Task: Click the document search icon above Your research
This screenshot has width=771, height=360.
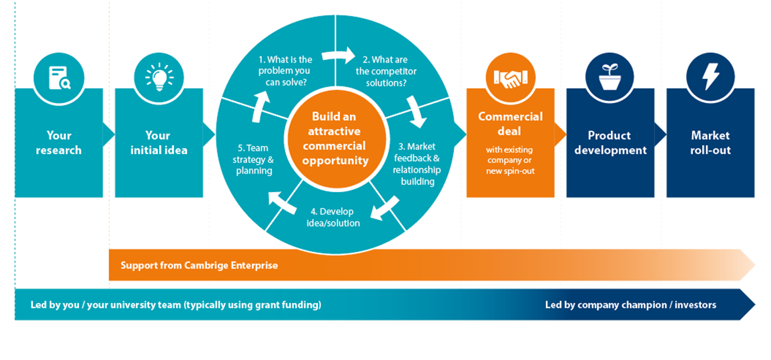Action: click(x=59, y=77)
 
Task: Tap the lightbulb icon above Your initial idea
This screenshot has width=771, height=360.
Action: click(x=158, y=77)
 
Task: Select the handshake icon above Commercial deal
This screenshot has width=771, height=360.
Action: click(x=509, y=77)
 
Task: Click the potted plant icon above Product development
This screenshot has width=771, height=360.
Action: click(x=610, y=77)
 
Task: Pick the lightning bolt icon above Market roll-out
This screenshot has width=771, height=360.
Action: click(x=710, y=77)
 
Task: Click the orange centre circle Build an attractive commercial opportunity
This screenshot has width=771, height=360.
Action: click(x=335, y=139)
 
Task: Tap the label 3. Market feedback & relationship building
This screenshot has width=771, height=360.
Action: click(x=416, y=164)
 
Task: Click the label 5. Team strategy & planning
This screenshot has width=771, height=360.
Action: click(x=254, y=159)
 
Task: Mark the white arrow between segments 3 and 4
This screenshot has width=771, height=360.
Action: click(x=385, y=208)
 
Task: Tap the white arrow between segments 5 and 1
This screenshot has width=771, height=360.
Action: click(x=258, y=107)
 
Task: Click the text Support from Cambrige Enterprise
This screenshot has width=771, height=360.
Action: click(x=199, y=265)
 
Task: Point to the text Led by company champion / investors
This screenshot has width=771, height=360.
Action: click(x=630, y=305)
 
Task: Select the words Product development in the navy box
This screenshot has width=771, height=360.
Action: click(x=610, y=143)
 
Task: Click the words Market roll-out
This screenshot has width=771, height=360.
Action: click(x=710, y=143)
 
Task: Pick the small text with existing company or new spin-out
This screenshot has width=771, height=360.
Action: click(x=509, y=160)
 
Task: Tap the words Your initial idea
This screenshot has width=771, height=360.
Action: click(x=158, y=143)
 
